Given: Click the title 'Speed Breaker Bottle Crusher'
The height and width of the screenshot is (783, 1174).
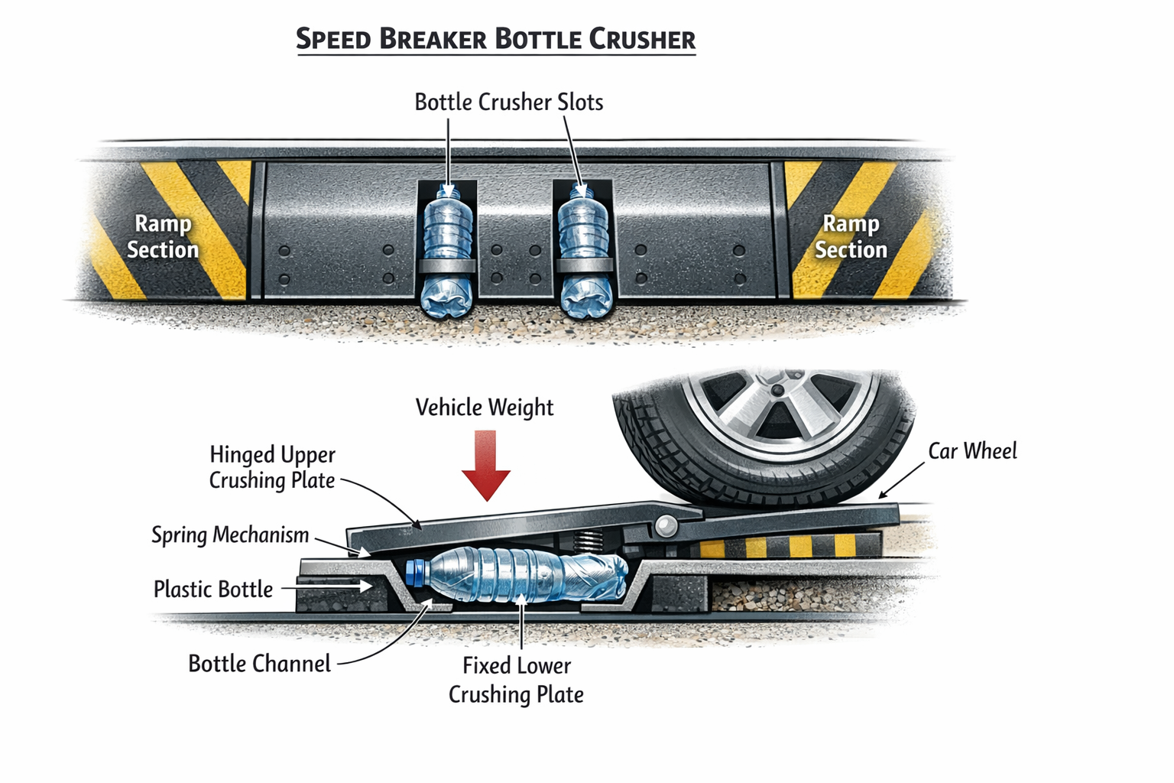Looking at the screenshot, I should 495,39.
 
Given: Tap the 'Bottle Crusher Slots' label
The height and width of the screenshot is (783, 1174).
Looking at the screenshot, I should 508,102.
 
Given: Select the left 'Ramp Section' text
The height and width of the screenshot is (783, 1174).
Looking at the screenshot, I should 161,237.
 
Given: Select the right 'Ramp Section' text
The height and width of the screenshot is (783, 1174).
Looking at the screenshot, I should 850,237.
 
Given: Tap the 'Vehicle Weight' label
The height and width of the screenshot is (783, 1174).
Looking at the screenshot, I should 485,408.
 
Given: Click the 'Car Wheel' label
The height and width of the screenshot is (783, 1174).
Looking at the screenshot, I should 972,452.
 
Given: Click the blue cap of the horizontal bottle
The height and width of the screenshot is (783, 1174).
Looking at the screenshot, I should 415,572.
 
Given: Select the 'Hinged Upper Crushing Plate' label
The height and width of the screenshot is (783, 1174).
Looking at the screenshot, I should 272,467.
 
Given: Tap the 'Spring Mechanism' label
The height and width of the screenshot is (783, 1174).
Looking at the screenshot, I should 230,535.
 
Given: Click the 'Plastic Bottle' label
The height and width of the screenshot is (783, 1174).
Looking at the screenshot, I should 213,590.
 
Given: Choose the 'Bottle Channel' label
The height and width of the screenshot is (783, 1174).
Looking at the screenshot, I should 259,664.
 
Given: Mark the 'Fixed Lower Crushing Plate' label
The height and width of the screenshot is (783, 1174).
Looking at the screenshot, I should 516,680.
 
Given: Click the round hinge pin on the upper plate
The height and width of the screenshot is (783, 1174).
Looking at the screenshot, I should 665,526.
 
